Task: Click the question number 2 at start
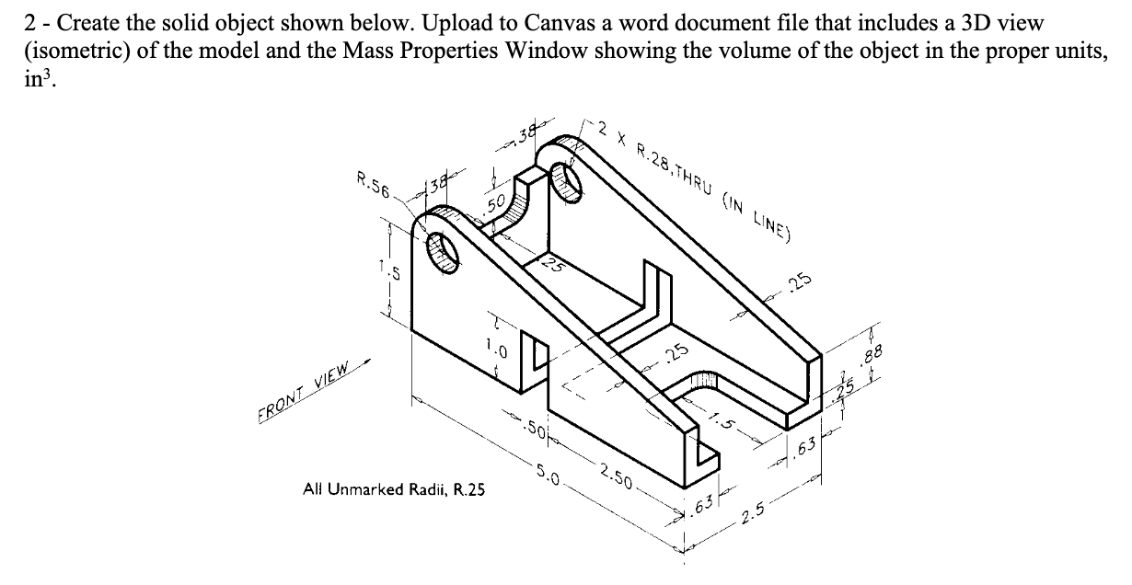pyautogui.click(x=29, y=19)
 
